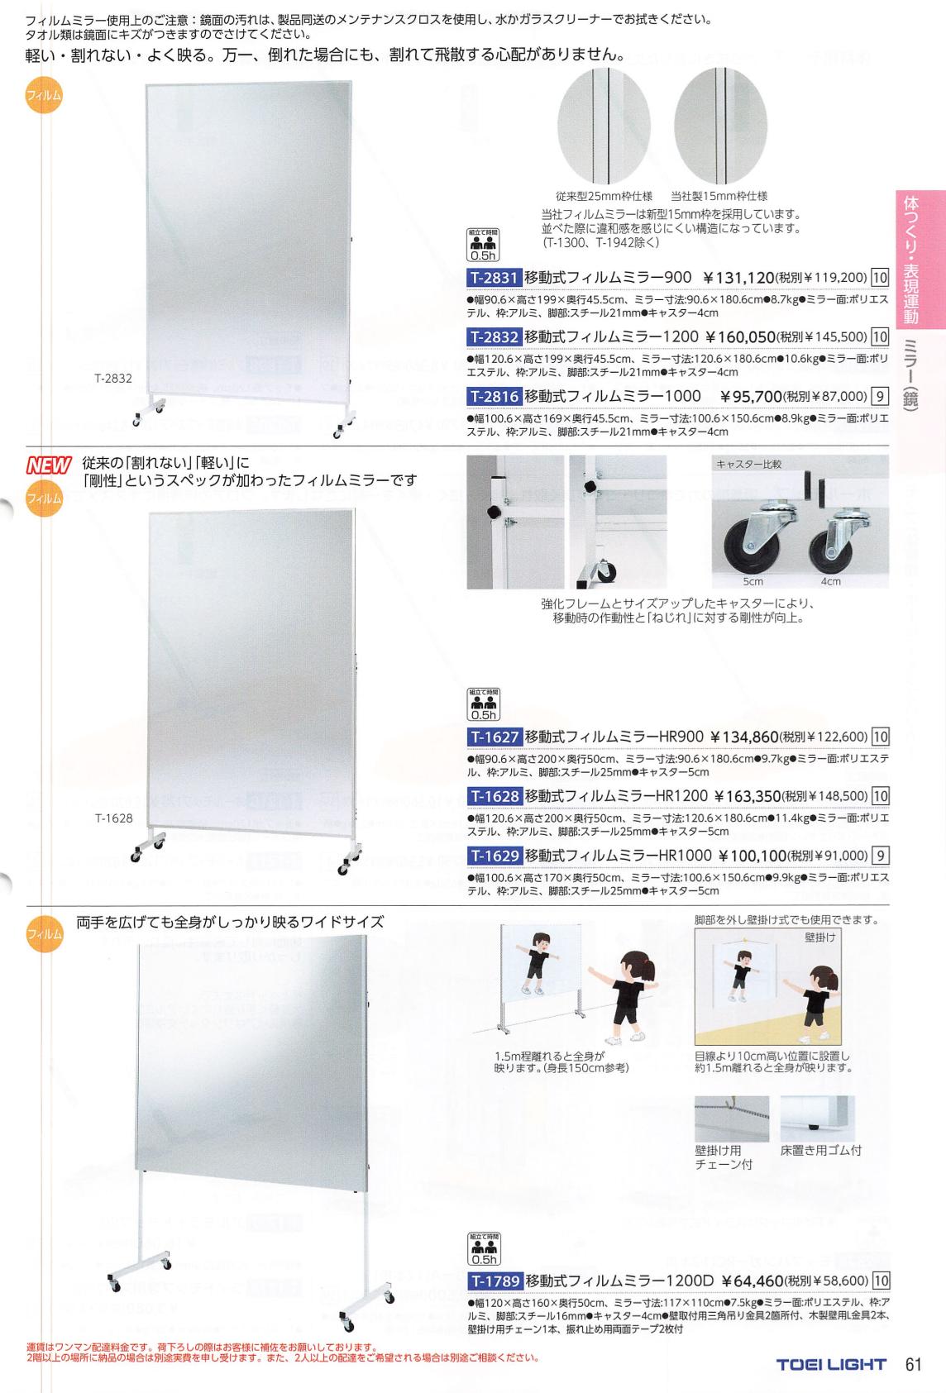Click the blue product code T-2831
click(x=494, y=277)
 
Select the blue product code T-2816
click(x=494, y=396)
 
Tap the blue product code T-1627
click(x=494, y=737)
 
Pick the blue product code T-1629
click(x=494, y=856)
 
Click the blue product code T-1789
click(x=494, y=1281)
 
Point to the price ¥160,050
click(x=740, y=337)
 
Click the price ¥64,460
click(x=752, y=1281)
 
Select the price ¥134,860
click(x=744, y=737)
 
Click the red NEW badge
click(x=49, y=465)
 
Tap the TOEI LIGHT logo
click(x=831, y=1365)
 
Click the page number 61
click(x=913, y=1364)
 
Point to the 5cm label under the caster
click(x=752, y=581)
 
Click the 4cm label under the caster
click(x=830, y=581)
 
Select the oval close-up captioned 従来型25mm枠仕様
click(x=604, y=126)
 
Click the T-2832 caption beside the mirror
click(x=113, y=378)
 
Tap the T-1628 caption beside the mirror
click(x=114, y=818)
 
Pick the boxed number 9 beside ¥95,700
click(x=880, y=396)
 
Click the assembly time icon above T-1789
click(x=483, y=1249)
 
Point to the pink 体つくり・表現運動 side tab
click(x=920, y=260)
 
